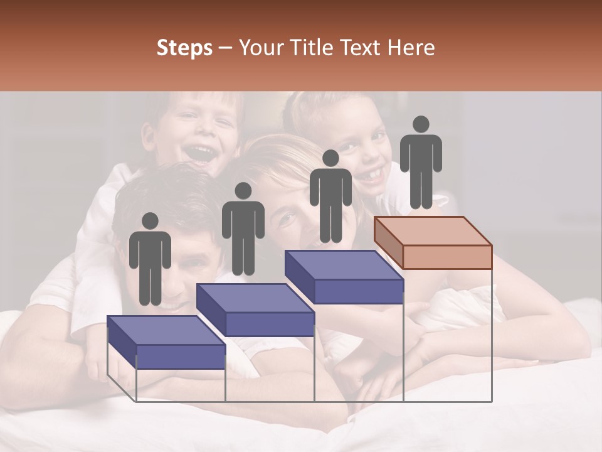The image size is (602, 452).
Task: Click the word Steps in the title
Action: pos(184,48)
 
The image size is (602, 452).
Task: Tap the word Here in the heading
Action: pos(411,48)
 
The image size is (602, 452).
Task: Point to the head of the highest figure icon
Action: pos(421,124)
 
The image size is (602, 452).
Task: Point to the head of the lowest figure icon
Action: pos(150,221)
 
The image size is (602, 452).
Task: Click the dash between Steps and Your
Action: pos(225,48)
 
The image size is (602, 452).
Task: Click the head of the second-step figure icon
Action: pos(243,191)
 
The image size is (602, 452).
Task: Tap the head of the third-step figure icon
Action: pos(330,158)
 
